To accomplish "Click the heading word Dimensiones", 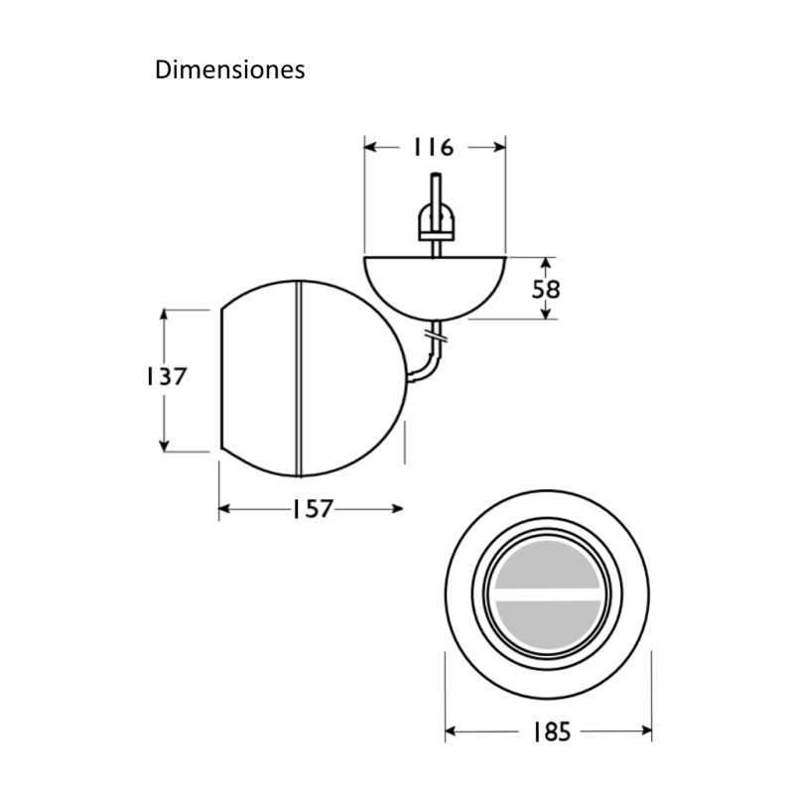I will click(x=229, y=71).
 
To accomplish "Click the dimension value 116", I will click(x=433, y=147).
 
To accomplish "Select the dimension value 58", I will click(x=546, y=289).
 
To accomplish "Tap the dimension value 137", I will click(x=164, y=377).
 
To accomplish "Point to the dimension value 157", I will click(x=311, y=509).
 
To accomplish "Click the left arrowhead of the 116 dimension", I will click(x=370, y=147).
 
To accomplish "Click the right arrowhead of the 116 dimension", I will click(x=500, y=147).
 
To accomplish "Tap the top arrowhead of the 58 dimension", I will click(x=546, y=262).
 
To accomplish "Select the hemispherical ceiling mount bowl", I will click(x=435, y=283).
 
